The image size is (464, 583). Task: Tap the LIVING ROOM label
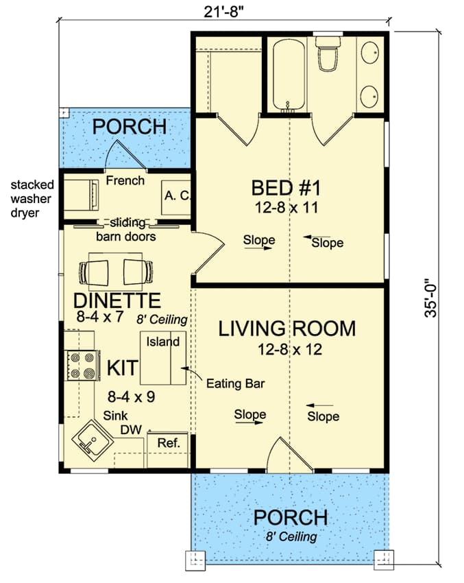pos(286,329)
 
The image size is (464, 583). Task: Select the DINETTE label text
pos(117,300)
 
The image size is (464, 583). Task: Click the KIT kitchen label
pos(123,368)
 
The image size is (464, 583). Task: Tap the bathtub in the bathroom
pos(288,74)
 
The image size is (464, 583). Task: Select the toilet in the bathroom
pos(327,53)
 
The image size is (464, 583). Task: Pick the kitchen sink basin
pos(90,438)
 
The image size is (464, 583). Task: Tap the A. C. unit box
pos(175,196)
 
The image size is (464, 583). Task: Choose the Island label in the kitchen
pos(162,342)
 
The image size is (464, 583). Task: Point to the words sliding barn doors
pos(125,230)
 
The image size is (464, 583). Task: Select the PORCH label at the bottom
pos(290,517)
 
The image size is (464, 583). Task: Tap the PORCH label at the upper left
pos(130,126)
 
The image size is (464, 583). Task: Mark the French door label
pos(125,181)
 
